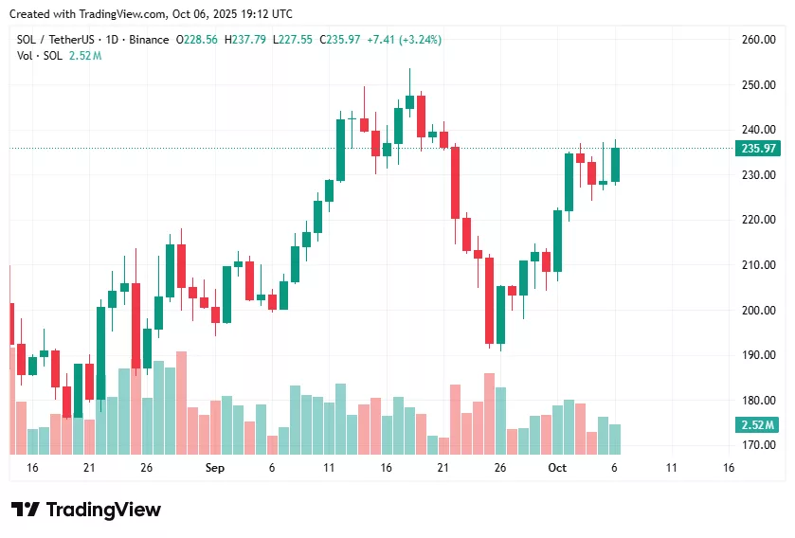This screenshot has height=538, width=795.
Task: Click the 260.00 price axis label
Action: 758,40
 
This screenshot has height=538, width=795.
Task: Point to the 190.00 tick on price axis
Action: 758,355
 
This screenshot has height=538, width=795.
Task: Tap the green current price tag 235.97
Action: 758,149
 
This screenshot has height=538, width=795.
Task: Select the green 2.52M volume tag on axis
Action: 758,425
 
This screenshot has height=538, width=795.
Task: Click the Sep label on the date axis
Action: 214,468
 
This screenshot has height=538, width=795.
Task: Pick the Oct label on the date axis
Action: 557,468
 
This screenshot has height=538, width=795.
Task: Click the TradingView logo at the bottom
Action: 86,510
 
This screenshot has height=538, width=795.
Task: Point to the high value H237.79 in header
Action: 244,40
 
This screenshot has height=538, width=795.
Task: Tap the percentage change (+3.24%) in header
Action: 421,40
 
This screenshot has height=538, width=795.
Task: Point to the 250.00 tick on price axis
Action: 758,85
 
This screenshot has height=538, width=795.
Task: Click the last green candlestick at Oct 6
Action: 615,164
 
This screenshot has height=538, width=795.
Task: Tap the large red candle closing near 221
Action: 455,182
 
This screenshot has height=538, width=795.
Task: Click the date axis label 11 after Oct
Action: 672,468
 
